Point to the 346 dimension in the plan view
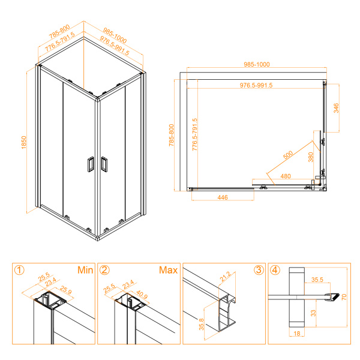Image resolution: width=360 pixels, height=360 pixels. (x=337, y=108)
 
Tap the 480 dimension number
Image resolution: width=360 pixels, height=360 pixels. (x=286, y=176)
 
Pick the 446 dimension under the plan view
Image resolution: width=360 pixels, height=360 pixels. (x=221, y=196)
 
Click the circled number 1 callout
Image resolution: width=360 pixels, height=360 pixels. (x=19, y=270)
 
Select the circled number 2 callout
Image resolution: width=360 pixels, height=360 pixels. (x=104, y=270)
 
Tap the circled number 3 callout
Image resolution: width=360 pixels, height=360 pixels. (x=258, y=270)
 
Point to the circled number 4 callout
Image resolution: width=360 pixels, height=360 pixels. (x=275, y=270)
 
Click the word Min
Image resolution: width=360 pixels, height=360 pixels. (x=85, y=270)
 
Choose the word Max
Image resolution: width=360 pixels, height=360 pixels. (x=168, y=270)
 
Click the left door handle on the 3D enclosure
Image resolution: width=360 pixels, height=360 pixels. (x=89, y=164)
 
